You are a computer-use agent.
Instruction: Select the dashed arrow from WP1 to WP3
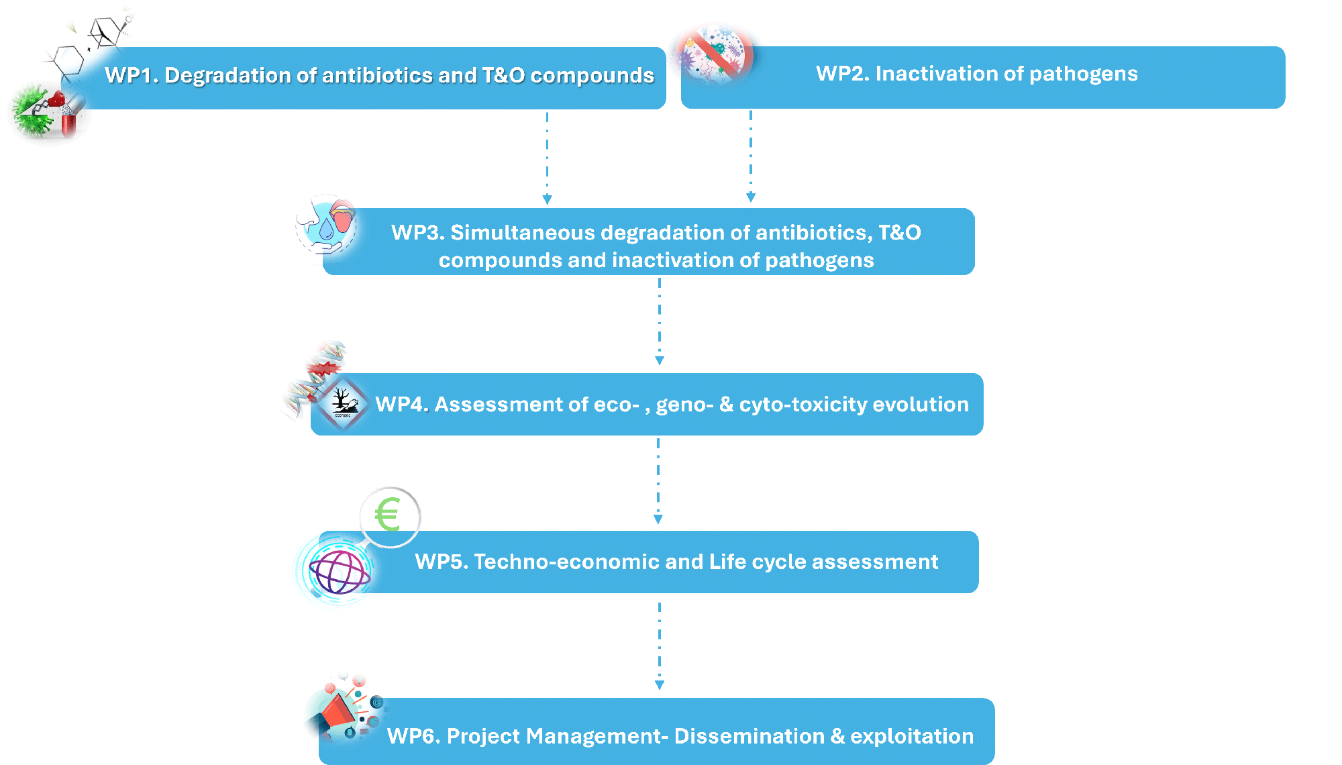tap(547, 158)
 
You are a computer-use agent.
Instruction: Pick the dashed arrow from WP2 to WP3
tap(751, 156)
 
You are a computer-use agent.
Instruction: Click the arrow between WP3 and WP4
tap(660, 321)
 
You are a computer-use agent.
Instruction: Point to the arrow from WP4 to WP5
tap(658, 480)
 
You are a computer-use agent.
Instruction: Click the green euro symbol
tap(388, 515)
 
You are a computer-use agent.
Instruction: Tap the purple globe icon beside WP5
tap(339, 571)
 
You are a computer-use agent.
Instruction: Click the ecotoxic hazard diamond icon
tap(342, 403)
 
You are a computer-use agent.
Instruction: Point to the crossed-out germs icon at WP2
tap(715, 55)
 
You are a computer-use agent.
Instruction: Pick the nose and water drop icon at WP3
tap(327, 225)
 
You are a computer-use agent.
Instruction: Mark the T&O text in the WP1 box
tap(503, 75)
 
